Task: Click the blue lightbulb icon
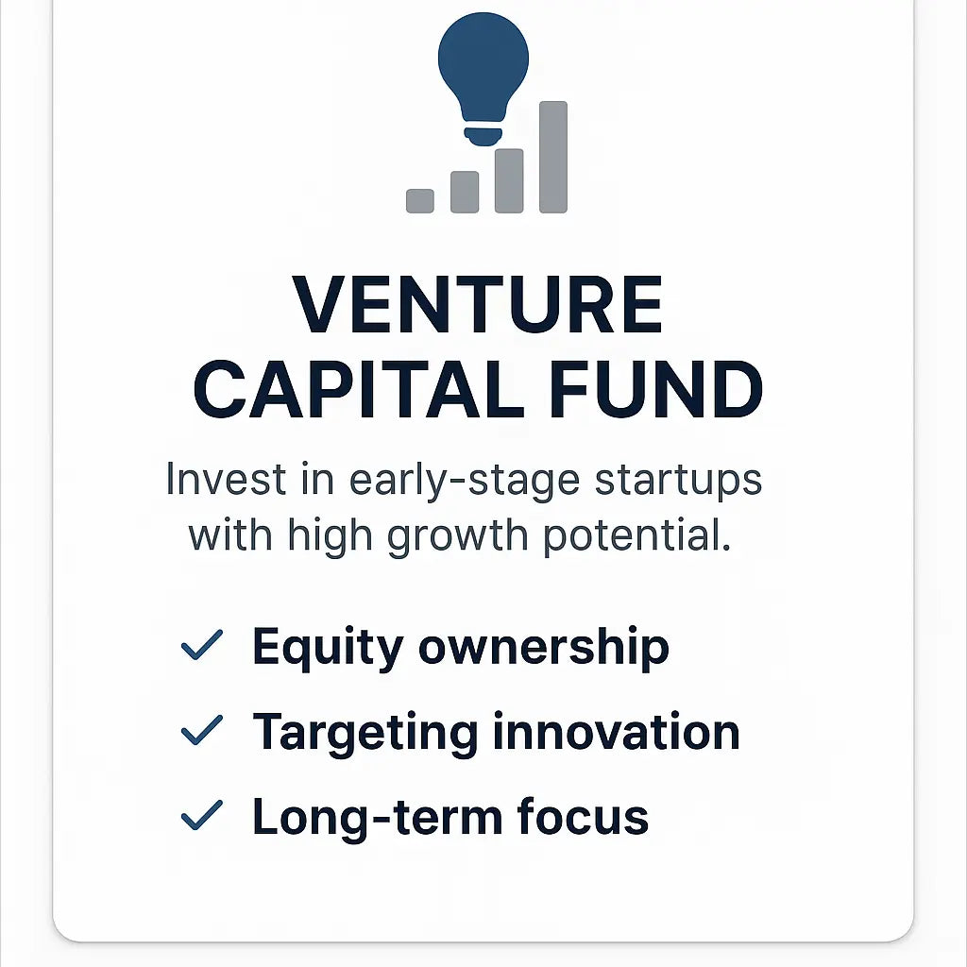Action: (483, 77)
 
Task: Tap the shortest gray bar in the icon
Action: (420, 201)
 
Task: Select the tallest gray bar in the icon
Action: (553, 158)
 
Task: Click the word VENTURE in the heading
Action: (477, 305)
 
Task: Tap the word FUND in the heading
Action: (656, 389)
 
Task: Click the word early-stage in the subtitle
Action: (465, 481)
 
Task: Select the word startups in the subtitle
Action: (678, 481)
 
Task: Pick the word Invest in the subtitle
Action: (227, 479)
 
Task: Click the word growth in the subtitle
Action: (458, 535)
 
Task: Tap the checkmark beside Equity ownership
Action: (202, 645)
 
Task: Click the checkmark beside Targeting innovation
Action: (202, 730)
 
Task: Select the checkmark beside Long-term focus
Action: (202, 815)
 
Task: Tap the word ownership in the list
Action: (544, 648)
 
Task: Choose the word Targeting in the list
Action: (365, 733)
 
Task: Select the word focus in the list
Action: (583, 816)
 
